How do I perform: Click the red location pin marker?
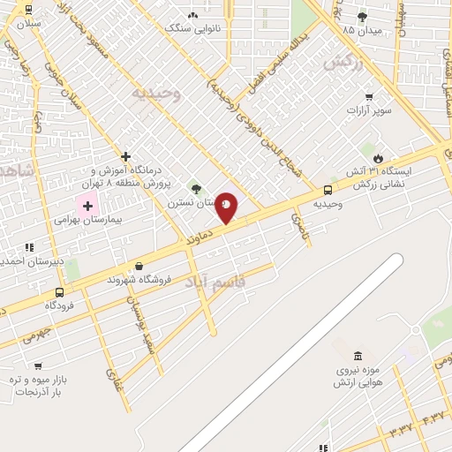click(x=226, y=206)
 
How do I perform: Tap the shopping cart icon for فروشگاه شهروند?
click(x=139, y=266)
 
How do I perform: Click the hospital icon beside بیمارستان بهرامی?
click(x=87, y=206)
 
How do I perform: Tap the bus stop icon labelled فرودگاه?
click(x=59, y=292)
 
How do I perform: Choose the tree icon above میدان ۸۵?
click(x=361, y=16)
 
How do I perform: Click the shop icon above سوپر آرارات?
click(x=369, y=97)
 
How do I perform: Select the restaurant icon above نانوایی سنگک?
click(x=192, y=14)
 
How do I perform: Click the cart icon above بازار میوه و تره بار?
click(x=38, y=365)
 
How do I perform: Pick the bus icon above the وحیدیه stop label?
click(x=328, y=189)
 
